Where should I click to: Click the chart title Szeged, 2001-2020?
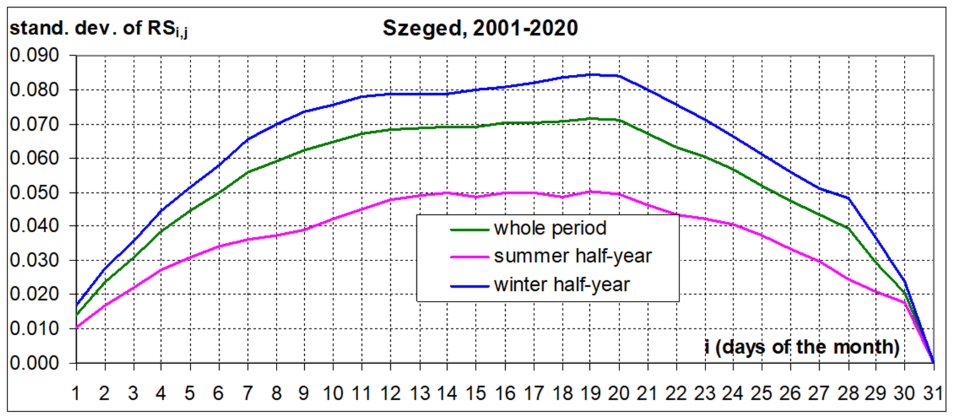(x=480, y=28)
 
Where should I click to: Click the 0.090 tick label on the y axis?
(x=34, y=56)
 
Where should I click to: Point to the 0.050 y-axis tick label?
(x=34, y=192)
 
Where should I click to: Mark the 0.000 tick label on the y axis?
(x=34, y=363)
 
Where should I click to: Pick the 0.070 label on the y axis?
(x=34, y=124)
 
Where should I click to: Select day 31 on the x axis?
(x=933, y=393)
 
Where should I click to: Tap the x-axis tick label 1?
(x=76, y=393)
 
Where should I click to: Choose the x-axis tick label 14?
(x=447, y=393)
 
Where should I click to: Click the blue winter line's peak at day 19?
(x=591, y=75)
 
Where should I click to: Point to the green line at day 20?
(x=619, y=120)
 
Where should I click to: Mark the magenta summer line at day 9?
(x=304, y=230)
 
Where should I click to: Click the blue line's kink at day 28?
(x=847, y=198)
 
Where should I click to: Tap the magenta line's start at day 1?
(x=76, y=328)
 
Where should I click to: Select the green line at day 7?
(x=248, y=172)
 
